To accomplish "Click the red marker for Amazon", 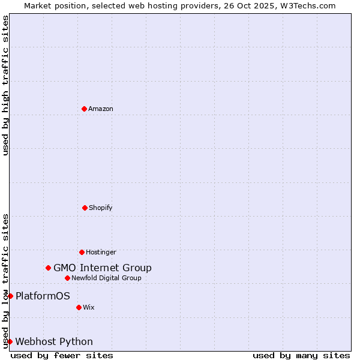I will (x=84, y=109).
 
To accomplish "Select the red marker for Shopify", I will (x=85, y=208).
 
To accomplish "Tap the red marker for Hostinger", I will (x=82, y=252).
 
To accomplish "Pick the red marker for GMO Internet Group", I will (x=48, y=268).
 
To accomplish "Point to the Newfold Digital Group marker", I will (x=67, y=278).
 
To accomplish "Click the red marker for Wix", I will (x=79, y=307).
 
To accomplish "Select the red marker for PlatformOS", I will (x=10, y=296).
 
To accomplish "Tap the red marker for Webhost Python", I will (x=10, y=341).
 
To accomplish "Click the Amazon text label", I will (x=101, y=109).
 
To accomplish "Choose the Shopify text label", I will (x=101, y=208).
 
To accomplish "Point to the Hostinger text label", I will (x=101, y=252).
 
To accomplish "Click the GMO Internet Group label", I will (x=103, y=268).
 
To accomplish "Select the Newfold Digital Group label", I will (x=106, y=278).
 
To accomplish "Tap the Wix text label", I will (x=89, y=307).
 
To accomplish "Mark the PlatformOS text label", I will (x=43, y=296).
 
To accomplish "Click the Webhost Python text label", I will (x=54, y=341).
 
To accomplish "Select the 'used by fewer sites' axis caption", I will (x=62, y=355).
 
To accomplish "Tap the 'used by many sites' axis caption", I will (x=301, y=355).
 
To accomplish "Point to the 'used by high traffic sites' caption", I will (x=6, y=85).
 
